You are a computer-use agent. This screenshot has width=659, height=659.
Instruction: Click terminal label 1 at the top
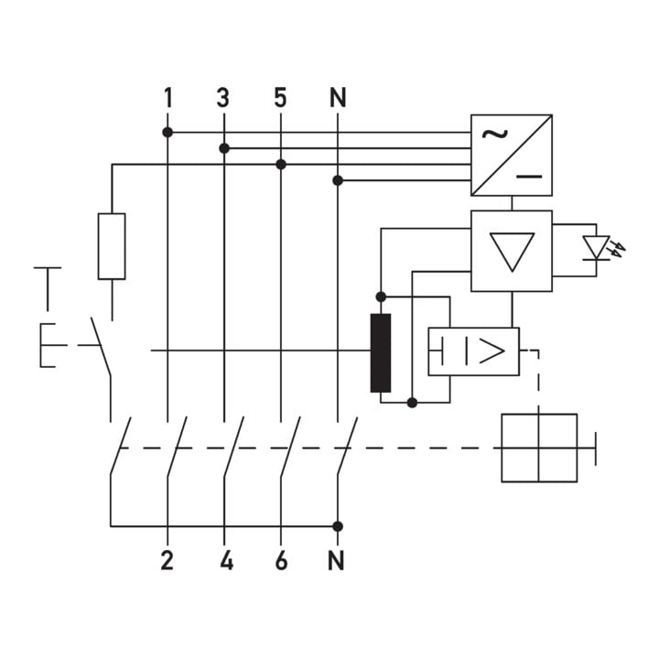(x=168, y=98)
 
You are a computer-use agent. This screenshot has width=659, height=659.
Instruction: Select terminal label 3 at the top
(x=223, y=98)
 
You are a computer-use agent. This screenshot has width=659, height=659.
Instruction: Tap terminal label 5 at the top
(x=280, y=98)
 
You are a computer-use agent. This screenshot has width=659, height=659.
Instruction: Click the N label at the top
(x=338, y=98)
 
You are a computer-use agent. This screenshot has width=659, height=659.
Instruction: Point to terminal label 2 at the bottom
(x=167, y=560)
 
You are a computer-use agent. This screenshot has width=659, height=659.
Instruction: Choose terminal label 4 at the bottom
(x=227, y=560)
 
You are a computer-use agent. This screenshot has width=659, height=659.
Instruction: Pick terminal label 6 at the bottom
(x=281, y=560)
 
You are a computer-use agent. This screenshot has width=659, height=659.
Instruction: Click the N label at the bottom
(x=336, y=560)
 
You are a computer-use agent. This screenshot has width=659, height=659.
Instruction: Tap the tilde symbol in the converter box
(x=494, y=134)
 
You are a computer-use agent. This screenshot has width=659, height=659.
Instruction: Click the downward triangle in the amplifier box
(x=512, y=252)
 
